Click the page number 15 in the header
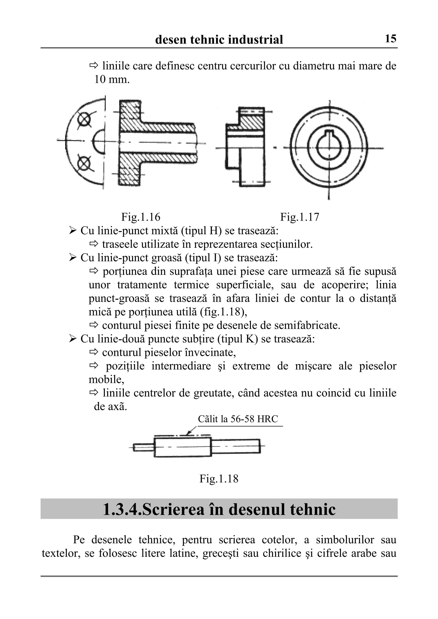pyautogui.click(x=390, y=39)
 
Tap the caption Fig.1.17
pyautogui.click(x=300, y=217)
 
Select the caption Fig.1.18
pyautogui.click(x=219, y=478)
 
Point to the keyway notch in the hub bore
pyautogui.click(x=329, y=133)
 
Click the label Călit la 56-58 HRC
pyautogui.click(x=238, y=419)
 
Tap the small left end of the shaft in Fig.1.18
pyautogui.click(x=143, y=447)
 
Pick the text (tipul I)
pyautogui.click(x=203, y=258)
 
